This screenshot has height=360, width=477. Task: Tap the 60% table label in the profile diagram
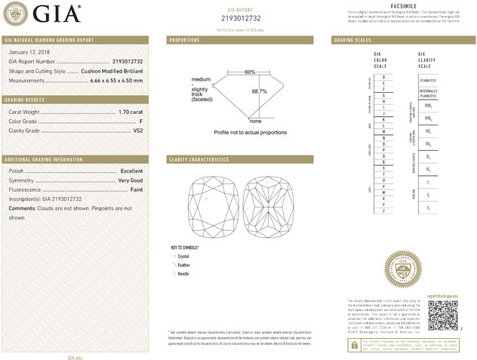(x=249, y=72)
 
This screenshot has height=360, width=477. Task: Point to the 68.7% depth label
(x=260, y=91)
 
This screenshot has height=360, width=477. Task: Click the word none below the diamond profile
(x=255, y=121)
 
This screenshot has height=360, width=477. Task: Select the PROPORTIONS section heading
(x=184, y=39)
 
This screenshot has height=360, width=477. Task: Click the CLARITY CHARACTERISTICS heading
(x=199, y=160)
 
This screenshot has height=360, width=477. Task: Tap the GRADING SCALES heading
(x=350, y=39)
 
